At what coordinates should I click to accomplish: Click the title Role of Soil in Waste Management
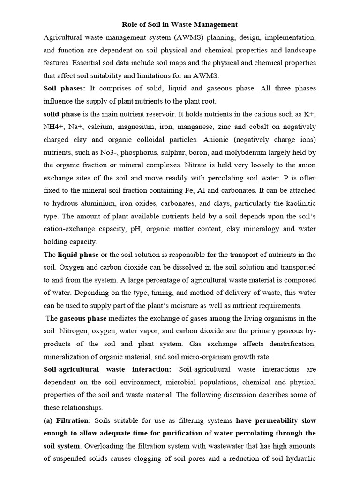pyautogui.click(x=180, y=24)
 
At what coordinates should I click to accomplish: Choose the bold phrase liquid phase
pyautogui.click(x=78, y=255)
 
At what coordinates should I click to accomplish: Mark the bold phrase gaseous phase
pyautogui.click(x=83, y=319)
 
